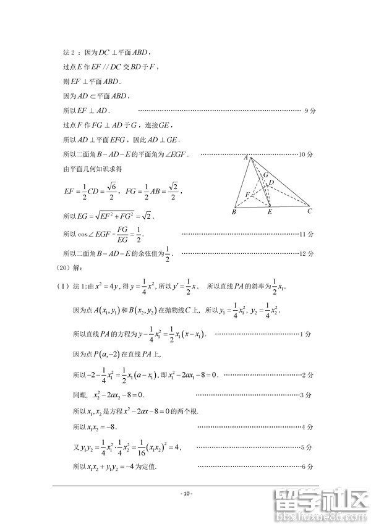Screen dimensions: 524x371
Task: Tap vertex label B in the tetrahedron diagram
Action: [234, 213]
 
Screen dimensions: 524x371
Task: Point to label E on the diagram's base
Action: [270, 213]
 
